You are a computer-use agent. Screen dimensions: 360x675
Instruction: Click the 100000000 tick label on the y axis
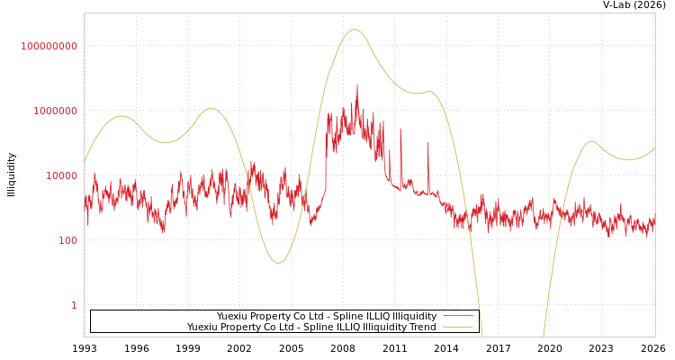[49, 46]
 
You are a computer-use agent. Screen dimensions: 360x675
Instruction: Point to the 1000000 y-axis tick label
[56, 111]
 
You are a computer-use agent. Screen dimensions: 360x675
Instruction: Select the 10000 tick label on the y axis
[62, 175]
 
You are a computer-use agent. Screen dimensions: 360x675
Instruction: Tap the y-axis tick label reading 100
[68, 240]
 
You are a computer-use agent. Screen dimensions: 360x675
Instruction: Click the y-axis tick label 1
[75, 305]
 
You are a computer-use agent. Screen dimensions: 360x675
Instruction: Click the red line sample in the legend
[457, 317]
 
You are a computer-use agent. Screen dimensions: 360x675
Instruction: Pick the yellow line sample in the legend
[457, 328]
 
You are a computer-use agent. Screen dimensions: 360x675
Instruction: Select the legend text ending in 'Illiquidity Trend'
[311, 328]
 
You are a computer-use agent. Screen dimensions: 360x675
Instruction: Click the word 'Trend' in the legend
[422, 328]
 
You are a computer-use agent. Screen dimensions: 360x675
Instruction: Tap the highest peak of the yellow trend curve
[355, 30]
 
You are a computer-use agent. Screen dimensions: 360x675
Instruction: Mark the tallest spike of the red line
[357, 85]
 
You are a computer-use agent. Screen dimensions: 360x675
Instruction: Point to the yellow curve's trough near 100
[278, 263]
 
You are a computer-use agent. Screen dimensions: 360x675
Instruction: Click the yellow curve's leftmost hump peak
[122, 116]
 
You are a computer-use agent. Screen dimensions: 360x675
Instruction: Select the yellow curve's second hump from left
[211, 108]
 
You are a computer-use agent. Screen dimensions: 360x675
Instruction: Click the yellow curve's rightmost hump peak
[591, 141]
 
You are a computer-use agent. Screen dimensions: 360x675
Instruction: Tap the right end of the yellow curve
[654, 148]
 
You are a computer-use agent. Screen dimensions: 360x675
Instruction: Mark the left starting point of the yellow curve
[85, 162]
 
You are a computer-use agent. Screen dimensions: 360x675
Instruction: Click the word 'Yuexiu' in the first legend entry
[232, 317]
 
